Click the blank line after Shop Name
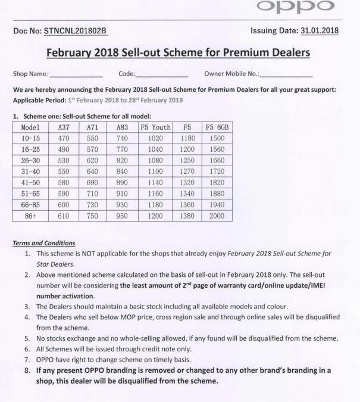click(x=76, y=76)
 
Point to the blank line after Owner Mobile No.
click(x=286, y=76)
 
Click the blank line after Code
click(x=162, y=76)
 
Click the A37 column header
click(x=63, y=127)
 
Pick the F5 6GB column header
click(x=217, y=127)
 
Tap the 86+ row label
click(x=30, y=216)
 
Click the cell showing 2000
click(x=217, y=216)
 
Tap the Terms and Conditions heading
click(x=44, y=243)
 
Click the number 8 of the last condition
click(x=27, y=370)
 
